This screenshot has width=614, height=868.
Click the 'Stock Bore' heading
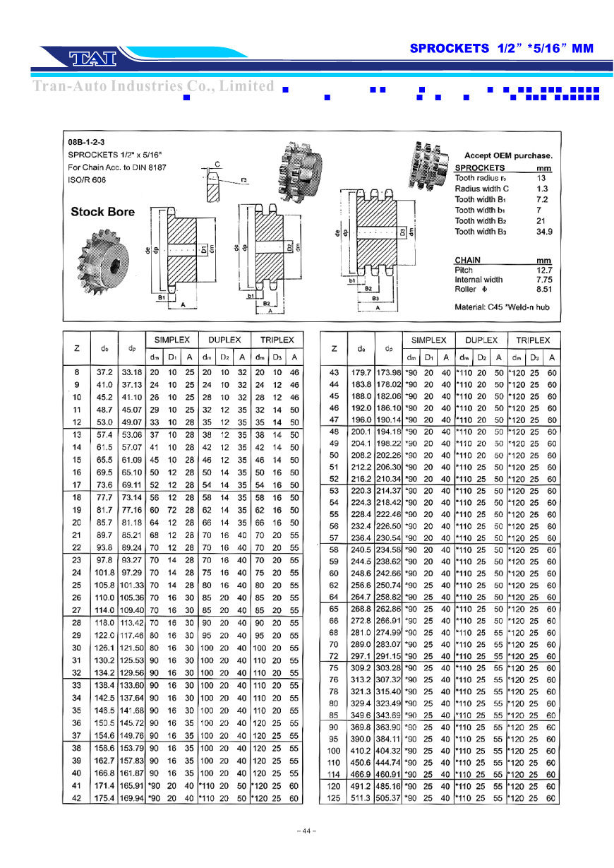[102, 212]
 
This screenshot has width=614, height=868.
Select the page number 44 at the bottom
[306, 831]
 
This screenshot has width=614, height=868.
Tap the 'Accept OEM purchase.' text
[508, 155]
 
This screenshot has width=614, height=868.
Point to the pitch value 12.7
[543, 270]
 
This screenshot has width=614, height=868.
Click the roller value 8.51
[543, 289]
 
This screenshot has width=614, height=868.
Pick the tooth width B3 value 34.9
[543, 232]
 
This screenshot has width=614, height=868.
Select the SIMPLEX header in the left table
[172, 340]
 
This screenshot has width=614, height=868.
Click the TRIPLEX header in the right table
[533, 340]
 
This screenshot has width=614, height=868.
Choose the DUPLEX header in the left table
[224, 340]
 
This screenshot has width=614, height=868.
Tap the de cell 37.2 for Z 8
[104, 372]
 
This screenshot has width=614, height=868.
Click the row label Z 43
[334, 372]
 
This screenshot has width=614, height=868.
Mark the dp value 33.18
[132, 372]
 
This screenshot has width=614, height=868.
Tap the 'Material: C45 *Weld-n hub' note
[502, 307]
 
